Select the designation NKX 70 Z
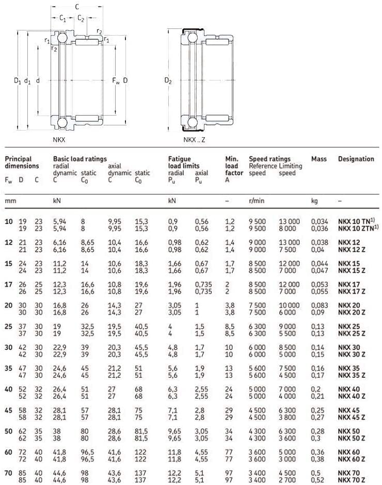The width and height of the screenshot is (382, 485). (351, 479)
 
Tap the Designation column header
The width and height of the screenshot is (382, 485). (356, 159)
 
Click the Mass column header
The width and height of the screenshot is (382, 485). (319, 159)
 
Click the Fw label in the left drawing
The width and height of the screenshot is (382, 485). (116, 80)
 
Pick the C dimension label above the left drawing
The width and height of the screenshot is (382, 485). (77, 7)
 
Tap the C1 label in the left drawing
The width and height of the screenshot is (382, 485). (62, 19)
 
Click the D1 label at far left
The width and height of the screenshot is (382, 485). (17, 80)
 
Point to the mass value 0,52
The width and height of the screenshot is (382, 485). (317, 479)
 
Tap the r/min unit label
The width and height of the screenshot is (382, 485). (256, 200)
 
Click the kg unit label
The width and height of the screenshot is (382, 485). (314, 200)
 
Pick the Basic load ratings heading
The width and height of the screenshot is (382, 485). (79, 159)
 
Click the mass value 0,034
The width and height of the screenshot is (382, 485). (319, 222)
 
